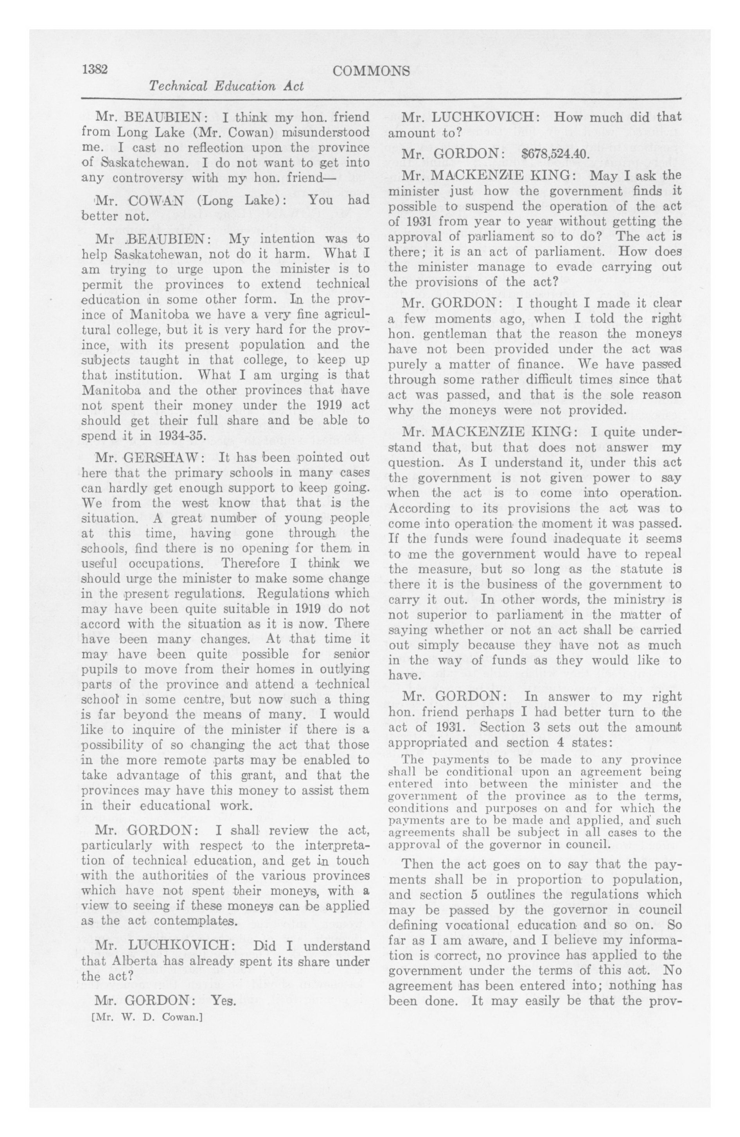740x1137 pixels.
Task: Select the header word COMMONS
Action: coord(371,71)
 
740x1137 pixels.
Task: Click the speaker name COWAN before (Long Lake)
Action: coord(156,200)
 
